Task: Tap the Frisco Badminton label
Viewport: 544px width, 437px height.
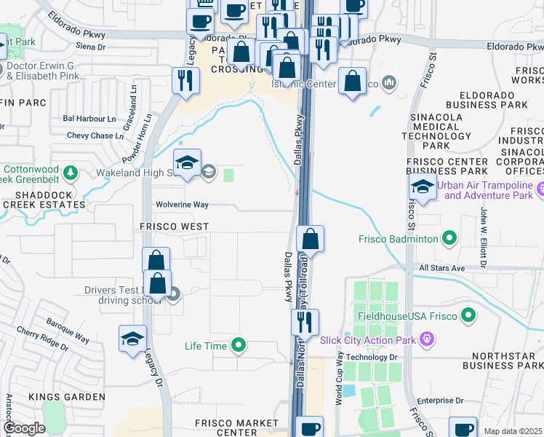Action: coord(398,238)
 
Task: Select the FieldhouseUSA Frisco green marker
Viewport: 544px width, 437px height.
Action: coord(468,316)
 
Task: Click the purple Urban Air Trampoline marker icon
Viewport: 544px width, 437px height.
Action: coord(540,191)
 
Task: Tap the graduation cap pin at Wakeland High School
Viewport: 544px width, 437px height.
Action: coord(187,165)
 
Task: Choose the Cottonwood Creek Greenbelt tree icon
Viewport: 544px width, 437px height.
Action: coord(70,173)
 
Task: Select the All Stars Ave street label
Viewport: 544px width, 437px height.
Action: coord(442,268)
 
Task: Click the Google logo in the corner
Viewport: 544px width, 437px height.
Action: coord(24,428)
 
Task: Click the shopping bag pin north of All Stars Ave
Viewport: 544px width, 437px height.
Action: coord(310,240)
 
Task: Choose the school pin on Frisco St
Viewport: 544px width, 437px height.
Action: coord(423,188)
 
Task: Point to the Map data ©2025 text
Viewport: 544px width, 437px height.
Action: coord(513,431)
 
